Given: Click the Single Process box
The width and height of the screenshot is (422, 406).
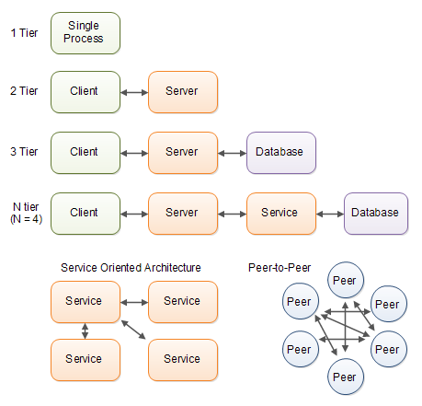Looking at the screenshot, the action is [x=86, y=33].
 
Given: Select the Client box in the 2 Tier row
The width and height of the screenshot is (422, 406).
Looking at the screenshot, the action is [x=86, y=92].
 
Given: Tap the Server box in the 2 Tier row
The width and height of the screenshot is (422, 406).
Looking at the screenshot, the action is [x=183, y=92].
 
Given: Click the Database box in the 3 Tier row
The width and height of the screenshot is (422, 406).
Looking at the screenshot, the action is [x=281, y=153].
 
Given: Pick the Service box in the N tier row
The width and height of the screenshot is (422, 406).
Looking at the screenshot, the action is [x=281, y=214].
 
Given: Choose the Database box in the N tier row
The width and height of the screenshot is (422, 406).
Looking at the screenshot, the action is [x=376, y=214].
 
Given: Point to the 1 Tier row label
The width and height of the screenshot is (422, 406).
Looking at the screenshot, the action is [x=24, y=33].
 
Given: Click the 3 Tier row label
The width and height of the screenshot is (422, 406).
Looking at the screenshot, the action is [x=24, y=152].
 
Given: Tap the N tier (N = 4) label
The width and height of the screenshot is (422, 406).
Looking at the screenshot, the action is [x=26, y=213].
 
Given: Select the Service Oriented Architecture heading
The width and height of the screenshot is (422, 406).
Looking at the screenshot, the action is [x=131, y=268].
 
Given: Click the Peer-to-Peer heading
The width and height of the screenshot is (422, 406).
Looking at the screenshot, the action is [x=279, y=268].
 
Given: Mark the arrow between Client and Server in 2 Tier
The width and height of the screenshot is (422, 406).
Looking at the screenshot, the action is [x=134, y=92].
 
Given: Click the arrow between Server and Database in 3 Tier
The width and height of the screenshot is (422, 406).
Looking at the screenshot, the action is [x=233, y=153].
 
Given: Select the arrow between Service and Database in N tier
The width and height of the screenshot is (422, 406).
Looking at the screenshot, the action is [x=330, y=214].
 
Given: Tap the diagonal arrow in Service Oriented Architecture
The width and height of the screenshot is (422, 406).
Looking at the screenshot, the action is [x=133, y=330].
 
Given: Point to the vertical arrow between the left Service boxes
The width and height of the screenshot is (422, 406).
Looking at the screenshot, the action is [x=86, y=331].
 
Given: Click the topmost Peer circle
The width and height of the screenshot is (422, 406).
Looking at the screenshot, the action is [x=346, y=280].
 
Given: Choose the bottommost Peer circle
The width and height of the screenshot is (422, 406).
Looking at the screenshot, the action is [x=346, y=377].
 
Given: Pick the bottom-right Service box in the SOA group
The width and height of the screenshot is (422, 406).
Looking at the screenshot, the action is [x=183, y=360].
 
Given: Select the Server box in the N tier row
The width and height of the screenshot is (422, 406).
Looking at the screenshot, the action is [x=183, y=214].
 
